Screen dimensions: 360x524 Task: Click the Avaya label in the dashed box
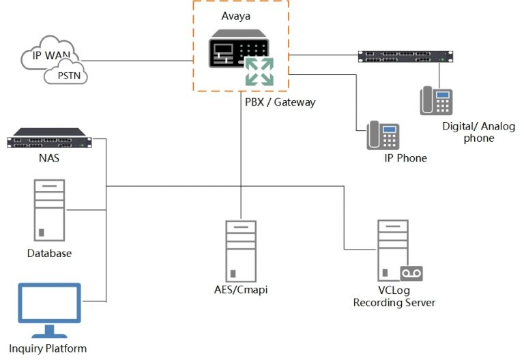pos(235,16)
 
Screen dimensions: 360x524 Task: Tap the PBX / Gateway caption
pos(280,102)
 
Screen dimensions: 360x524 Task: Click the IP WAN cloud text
pos(46,55)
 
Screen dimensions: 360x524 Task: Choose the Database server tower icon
pos(49,209)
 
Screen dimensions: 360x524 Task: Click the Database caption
pos(49,253)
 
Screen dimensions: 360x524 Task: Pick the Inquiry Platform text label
pos(48,348)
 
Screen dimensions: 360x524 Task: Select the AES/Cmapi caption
pos(241,290)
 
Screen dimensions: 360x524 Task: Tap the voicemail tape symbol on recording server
pos(411,273)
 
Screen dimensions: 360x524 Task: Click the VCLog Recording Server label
pos(394,297)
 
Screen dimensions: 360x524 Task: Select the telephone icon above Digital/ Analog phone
pos(435,101)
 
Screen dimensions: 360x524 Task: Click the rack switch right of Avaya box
pos(405,57)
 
